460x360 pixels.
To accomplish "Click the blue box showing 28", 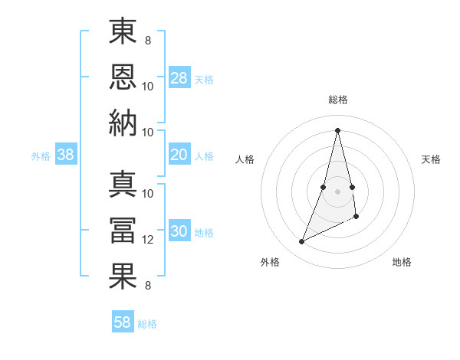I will click(x=179, y=78).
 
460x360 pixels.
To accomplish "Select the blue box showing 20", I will click(x=179, y=155).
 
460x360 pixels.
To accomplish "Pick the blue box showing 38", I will click(x=66, y=155).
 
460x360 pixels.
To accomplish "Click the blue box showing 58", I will click(x=123, y=322).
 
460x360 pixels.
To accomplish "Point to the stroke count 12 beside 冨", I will click(x=148, y=240).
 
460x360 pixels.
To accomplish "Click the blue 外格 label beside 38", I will click(x=41, y=156).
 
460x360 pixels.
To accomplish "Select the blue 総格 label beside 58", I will click(x=147, y=324).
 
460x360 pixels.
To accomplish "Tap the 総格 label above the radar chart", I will click(x=338, y=100).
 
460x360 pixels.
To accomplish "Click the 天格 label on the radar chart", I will click(x=431, y=159).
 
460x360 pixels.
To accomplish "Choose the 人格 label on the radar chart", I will click(x=245, y=159).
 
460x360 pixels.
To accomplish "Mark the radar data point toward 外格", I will click(x=302, y=242).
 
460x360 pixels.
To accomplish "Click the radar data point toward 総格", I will click(x=338, y=129).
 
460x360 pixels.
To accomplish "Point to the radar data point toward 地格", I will click(x=357, y=218).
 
